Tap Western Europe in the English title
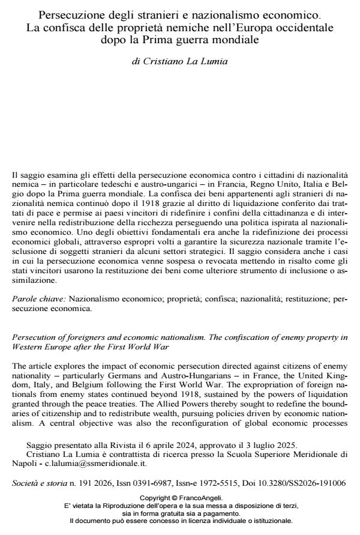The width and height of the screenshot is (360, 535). pos(42,346)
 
